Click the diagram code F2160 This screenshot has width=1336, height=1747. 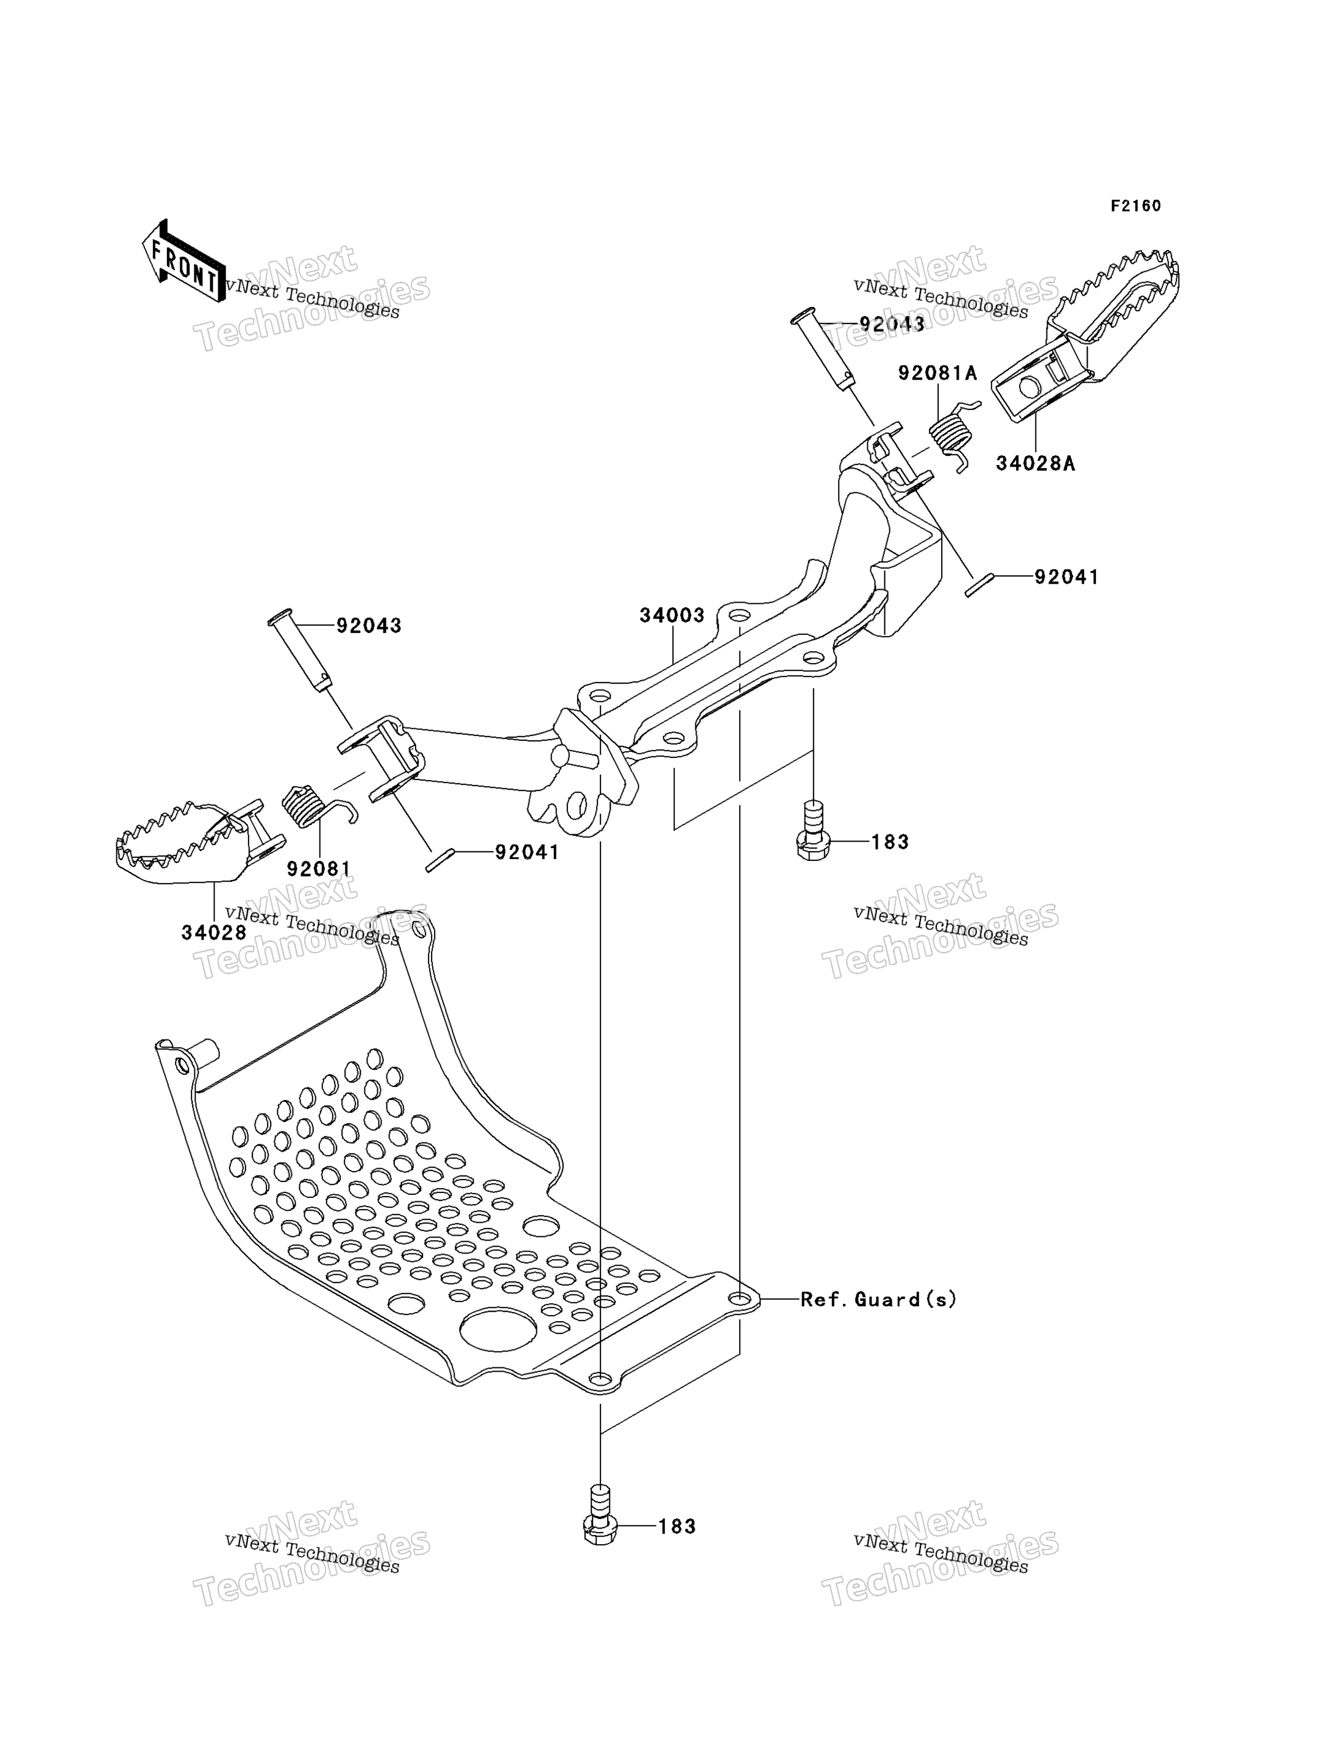point(1135,206)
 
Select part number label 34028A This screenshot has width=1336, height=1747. point(1036,462)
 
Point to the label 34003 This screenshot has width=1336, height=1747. point(672,615)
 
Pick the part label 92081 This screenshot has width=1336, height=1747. point(319,869)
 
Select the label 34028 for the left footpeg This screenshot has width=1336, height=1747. point(214,933)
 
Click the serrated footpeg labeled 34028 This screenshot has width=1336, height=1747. point(199,842)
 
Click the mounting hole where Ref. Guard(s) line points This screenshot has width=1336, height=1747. point(739,1299)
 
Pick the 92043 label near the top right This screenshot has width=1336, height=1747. point(892,324)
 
